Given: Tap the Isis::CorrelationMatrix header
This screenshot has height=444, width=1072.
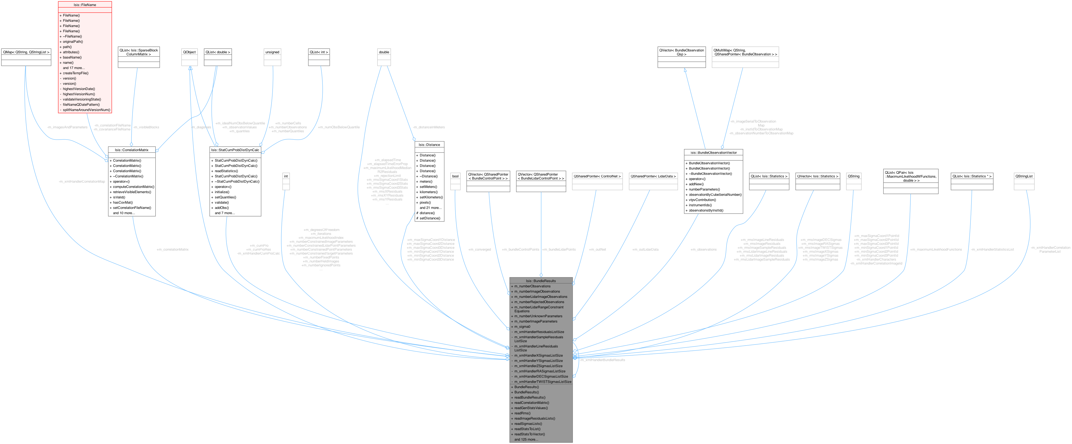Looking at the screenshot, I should tap(131, 150).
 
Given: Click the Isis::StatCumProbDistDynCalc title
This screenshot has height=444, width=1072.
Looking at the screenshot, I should tap(235, 150).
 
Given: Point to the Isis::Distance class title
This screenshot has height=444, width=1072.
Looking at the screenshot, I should tap(429, 145).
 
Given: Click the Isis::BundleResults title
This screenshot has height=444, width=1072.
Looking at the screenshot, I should tap(540, 281).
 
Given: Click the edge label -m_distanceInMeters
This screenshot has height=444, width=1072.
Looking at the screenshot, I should tap(429, 127).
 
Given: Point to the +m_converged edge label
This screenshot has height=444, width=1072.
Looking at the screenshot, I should tap(479, 250).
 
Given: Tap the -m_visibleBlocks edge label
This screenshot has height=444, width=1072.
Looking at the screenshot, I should tap(146, 127).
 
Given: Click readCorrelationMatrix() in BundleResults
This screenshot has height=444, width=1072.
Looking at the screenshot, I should tap(532, 403).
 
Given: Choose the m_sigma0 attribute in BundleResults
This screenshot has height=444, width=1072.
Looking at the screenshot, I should tap(522, 327).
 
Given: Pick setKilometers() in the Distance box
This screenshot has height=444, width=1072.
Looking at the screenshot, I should tap(431, 197).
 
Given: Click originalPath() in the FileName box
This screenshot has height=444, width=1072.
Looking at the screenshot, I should tap(73, 42).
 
